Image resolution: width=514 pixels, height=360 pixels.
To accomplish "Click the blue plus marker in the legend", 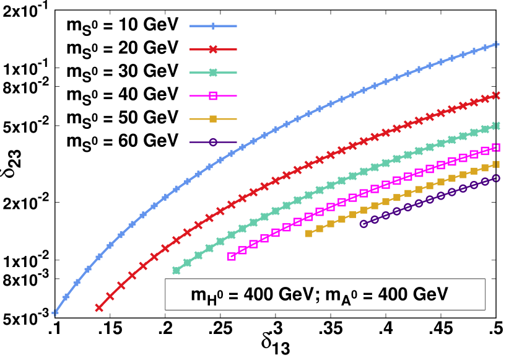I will [x=213, y=26].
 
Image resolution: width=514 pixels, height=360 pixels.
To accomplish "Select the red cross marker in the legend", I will [x=213, y=49].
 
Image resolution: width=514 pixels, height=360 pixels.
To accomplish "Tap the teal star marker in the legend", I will [x=213, y=72].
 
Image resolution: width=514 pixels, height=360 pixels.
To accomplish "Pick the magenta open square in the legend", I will [x=213, y=95].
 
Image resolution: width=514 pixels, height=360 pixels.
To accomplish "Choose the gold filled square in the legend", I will [x=213, y=118].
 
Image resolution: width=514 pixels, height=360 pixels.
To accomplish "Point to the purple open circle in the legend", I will [x=213, y=142].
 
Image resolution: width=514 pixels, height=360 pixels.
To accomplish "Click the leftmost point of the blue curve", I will [x=55, y=313].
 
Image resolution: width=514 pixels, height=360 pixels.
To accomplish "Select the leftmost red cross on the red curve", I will [x=99, y=307].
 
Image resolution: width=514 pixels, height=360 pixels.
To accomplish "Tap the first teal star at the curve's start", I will [x=176, y=270].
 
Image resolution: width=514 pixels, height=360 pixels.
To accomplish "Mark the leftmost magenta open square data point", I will [x=232, y=257].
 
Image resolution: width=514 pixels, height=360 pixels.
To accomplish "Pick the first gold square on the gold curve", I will [x=308, y=234].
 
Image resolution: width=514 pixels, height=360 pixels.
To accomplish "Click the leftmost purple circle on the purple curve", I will [x=364, y=224].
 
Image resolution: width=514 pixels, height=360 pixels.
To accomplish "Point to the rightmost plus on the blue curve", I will [x=496, y=44].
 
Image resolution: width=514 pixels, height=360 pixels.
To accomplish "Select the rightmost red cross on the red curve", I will [x=496, y=95].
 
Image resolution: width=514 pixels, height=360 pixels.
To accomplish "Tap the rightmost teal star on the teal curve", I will [x=496, y=126].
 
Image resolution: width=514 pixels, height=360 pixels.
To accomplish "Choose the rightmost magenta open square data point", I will [x=496, y=147].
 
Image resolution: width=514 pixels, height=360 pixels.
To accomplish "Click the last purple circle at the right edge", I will [x=496, y=178].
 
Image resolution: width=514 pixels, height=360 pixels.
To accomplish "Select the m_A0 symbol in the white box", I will [x=342, y=296].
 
